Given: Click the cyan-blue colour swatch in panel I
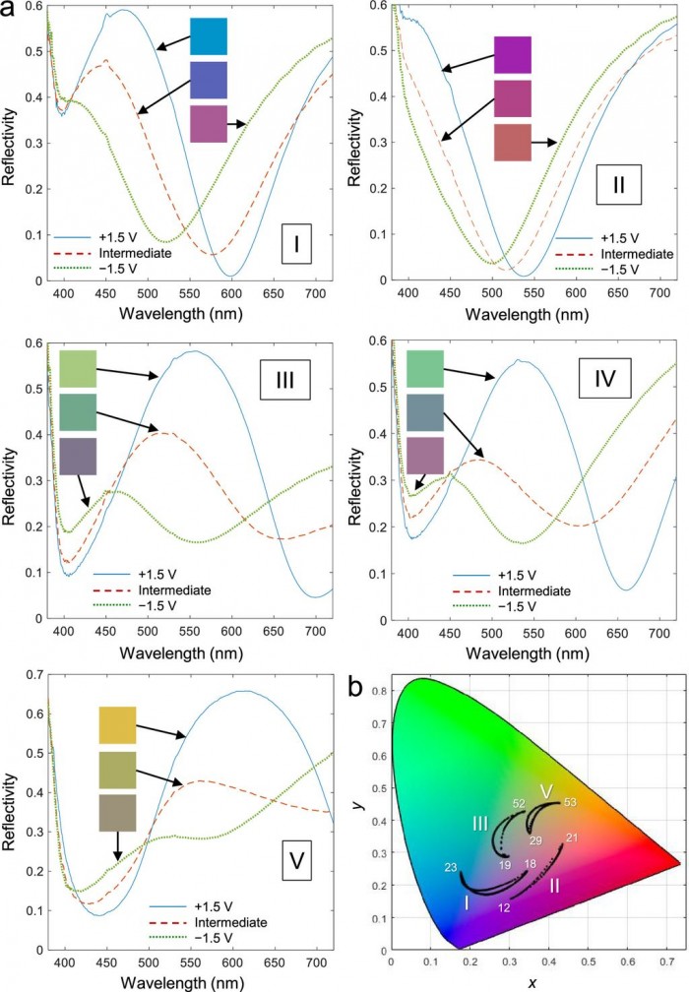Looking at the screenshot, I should tap(209, 36).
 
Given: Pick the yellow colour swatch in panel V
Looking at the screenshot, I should tap(117, 724).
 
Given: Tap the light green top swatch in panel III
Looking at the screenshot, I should tap(78, 368).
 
